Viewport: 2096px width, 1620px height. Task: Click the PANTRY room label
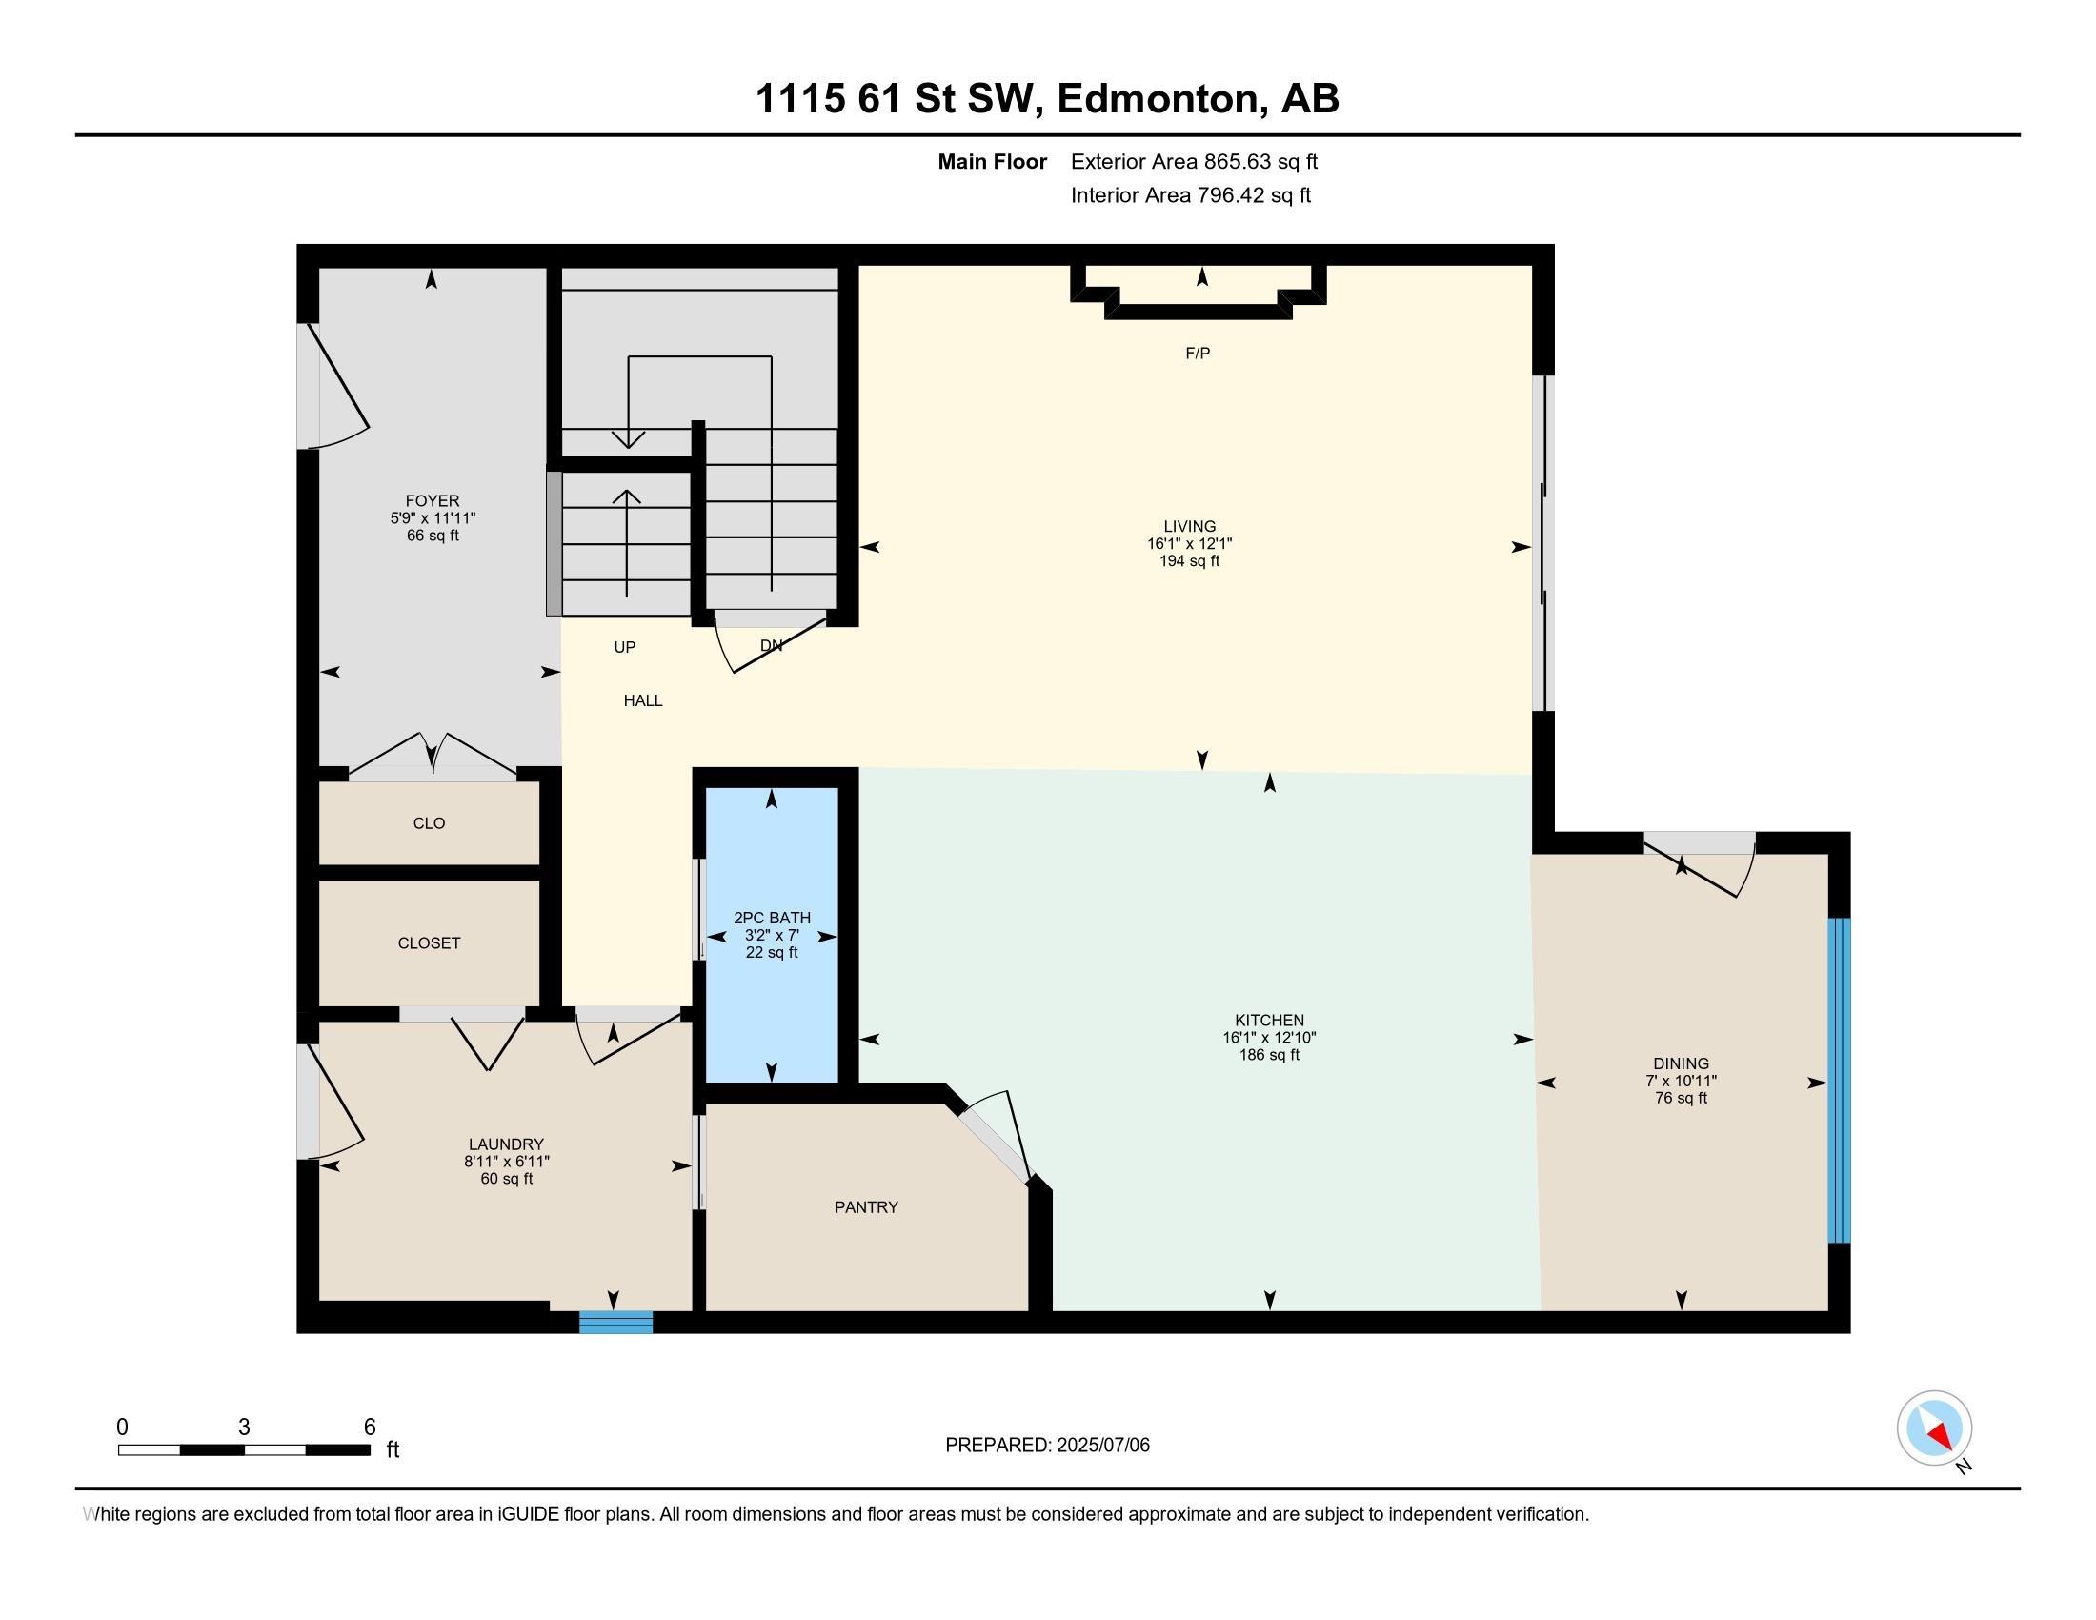866,1207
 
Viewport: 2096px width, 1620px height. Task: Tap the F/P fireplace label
1198,354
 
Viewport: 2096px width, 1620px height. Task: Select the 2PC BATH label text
772,919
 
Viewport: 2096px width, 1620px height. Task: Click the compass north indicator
1934,1428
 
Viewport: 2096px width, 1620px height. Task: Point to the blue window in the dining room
1839,1081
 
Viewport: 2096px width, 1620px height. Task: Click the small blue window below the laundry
616,1323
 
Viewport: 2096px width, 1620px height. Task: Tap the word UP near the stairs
625,648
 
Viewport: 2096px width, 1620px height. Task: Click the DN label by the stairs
771,646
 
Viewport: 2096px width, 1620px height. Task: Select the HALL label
643,701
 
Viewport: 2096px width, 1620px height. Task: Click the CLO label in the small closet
429,823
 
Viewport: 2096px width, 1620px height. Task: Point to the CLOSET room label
429,943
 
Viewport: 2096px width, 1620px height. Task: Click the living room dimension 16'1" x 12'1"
1189,543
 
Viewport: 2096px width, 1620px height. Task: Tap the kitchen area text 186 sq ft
1269,1055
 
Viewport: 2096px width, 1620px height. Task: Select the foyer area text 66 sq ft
433,536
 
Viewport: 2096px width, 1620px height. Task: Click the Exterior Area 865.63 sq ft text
1194,162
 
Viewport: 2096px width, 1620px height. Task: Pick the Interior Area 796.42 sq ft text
1190,195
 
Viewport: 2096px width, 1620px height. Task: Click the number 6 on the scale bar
370,1428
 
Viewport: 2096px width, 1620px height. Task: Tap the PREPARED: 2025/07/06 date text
1047,1446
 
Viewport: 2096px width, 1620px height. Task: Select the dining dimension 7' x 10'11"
1681,1081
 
